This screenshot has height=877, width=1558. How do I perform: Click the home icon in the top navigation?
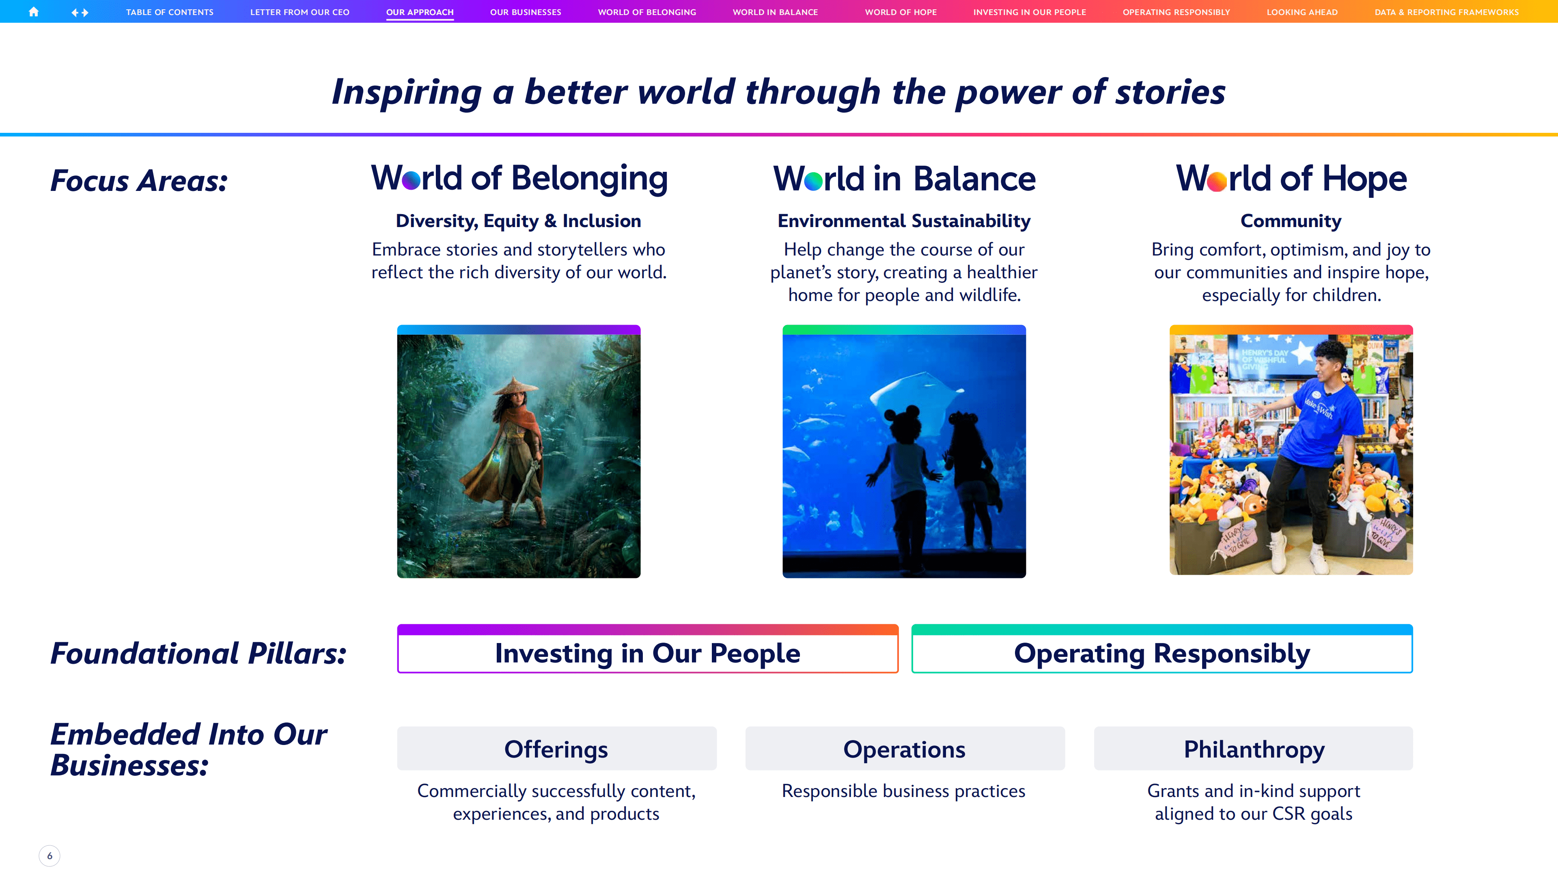click(34, 11)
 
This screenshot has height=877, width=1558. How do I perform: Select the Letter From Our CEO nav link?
click(300, 12)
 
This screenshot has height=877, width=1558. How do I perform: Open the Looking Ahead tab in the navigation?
click(1302, 12)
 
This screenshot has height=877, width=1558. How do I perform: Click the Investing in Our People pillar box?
click(648, 649)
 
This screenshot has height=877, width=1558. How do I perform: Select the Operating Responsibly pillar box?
click(1162, 649)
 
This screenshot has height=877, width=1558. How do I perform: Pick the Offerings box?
click(556, 749)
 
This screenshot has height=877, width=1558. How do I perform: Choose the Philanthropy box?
click(1254, 749)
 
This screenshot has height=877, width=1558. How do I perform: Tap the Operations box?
click(905, 749)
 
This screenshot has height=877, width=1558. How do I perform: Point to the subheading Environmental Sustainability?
click(904, 221)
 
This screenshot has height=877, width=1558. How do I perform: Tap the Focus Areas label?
click(139, 180)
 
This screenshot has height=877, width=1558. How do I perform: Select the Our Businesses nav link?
click(526, 12)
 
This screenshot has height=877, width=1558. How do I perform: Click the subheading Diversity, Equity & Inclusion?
click(518, 221)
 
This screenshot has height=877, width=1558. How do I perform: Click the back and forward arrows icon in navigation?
click(80, 12)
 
